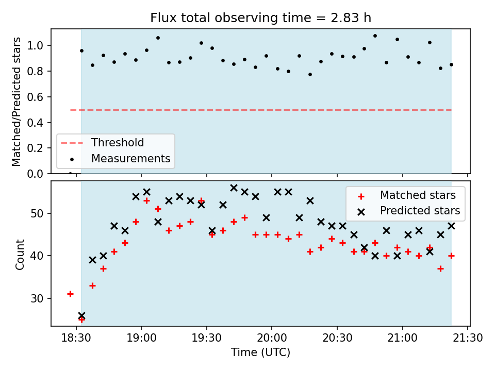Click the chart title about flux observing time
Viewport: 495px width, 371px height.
(260, 18)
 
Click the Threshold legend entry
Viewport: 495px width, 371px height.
(118, 143)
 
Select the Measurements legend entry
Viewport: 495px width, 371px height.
(130, 159)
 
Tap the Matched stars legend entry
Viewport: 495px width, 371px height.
(418, 195)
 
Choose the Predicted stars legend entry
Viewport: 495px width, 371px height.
(420, 211)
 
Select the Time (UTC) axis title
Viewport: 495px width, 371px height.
(260, 352)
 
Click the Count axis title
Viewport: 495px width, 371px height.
(20, 254)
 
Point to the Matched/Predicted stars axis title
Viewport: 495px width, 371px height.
(16, 102)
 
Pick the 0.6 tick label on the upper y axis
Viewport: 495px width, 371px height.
(38, 97)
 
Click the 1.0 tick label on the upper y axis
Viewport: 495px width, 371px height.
(38, 46)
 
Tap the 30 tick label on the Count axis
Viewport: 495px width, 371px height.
(40, 298)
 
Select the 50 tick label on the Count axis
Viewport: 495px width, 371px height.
(40, 213)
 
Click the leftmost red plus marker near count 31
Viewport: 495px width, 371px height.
(70, 294)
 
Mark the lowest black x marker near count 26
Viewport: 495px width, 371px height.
(81, 315)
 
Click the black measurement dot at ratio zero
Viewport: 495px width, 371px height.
(70, 173)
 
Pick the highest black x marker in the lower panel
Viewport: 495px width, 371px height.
(234, 188)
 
